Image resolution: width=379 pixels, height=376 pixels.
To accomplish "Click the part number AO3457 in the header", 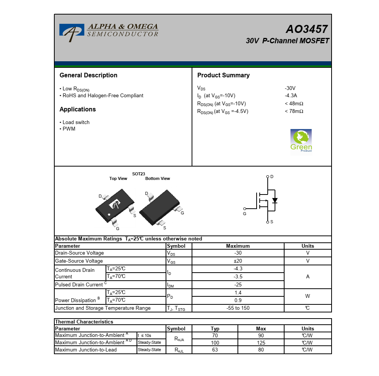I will [306, 29].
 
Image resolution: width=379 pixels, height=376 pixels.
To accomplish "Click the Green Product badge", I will [301, 141].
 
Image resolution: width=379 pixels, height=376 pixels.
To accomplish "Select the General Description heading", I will [88, 75].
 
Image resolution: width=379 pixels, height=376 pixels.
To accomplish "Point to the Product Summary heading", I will [223, 75].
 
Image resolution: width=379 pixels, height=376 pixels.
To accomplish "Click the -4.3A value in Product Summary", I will [291, 96].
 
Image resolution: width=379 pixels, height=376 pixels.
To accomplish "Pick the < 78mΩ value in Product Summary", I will [294, 111].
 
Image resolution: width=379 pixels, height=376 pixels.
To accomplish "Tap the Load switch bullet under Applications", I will [76, 123].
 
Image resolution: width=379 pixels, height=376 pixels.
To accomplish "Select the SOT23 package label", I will [138, 174].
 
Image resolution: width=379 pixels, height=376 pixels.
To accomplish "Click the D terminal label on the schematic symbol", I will [272, 177].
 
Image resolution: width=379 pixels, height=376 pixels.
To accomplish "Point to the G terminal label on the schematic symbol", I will [245, 214].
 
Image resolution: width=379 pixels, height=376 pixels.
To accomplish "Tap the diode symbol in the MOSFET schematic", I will [275, 200].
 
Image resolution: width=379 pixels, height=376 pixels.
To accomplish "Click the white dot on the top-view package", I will [109, 214].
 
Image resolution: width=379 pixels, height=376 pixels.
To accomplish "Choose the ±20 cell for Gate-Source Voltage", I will [238, 261].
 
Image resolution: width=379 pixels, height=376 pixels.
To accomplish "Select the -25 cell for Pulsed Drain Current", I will [238, 284].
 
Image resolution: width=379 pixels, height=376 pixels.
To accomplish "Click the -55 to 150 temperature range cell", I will [238, 308].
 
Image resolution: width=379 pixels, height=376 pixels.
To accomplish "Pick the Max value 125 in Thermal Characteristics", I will [261, 343].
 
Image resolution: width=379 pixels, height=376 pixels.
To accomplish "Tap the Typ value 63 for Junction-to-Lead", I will [215, 350].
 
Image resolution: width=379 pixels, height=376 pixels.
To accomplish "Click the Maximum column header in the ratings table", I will [238, 246].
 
